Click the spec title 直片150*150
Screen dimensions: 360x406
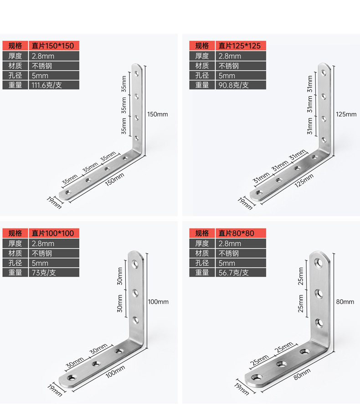tap(53, 46)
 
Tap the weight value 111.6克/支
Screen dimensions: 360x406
tap(46, 85)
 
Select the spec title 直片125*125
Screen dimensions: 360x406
tap(240, 46)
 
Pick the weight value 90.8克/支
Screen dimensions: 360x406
tap(233, 85)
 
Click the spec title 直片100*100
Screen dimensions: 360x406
tap(53, 233)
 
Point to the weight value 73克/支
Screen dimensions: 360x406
tap(44, 273)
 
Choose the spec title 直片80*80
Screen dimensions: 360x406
tap(237, 233)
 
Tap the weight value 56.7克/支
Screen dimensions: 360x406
tap(233, 273)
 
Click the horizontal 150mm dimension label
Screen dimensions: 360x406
tap(114, 179)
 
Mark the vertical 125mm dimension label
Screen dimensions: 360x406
tap(346, 114)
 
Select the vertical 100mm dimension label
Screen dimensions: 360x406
tap(158, 302)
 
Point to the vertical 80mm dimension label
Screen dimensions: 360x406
tap(345, 302)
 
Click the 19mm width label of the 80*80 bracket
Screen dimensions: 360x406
tap(242, 387)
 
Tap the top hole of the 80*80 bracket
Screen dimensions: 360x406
tap(319, 263)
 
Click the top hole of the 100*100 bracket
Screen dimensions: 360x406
tap(135, 264)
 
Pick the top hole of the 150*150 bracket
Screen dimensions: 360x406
tap(137, 73)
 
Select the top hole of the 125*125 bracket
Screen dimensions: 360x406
tap(324, 73)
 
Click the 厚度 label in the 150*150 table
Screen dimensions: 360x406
tap(15, 56)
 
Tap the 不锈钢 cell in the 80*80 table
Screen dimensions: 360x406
tap(229, 253)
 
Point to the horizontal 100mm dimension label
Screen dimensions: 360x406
tap(115, 371)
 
